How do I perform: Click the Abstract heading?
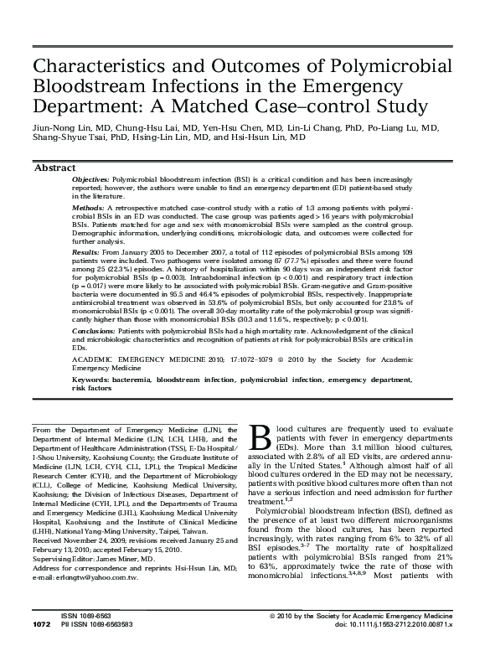click(54, 168)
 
